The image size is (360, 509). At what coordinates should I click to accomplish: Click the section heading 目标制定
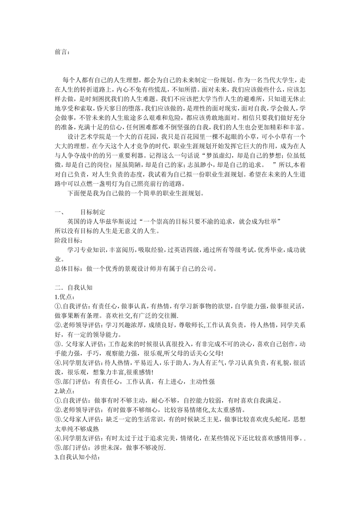[93, 212]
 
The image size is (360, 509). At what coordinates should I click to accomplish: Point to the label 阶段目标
[68, 240]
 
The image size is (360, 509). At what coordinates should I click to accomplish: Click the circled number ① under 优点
[58, 306]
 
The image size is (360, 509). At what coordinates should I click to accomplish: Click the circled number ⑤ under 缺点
[58, 448]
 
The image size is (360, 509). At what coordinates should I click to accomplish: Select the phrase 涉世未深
[106, 448]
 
